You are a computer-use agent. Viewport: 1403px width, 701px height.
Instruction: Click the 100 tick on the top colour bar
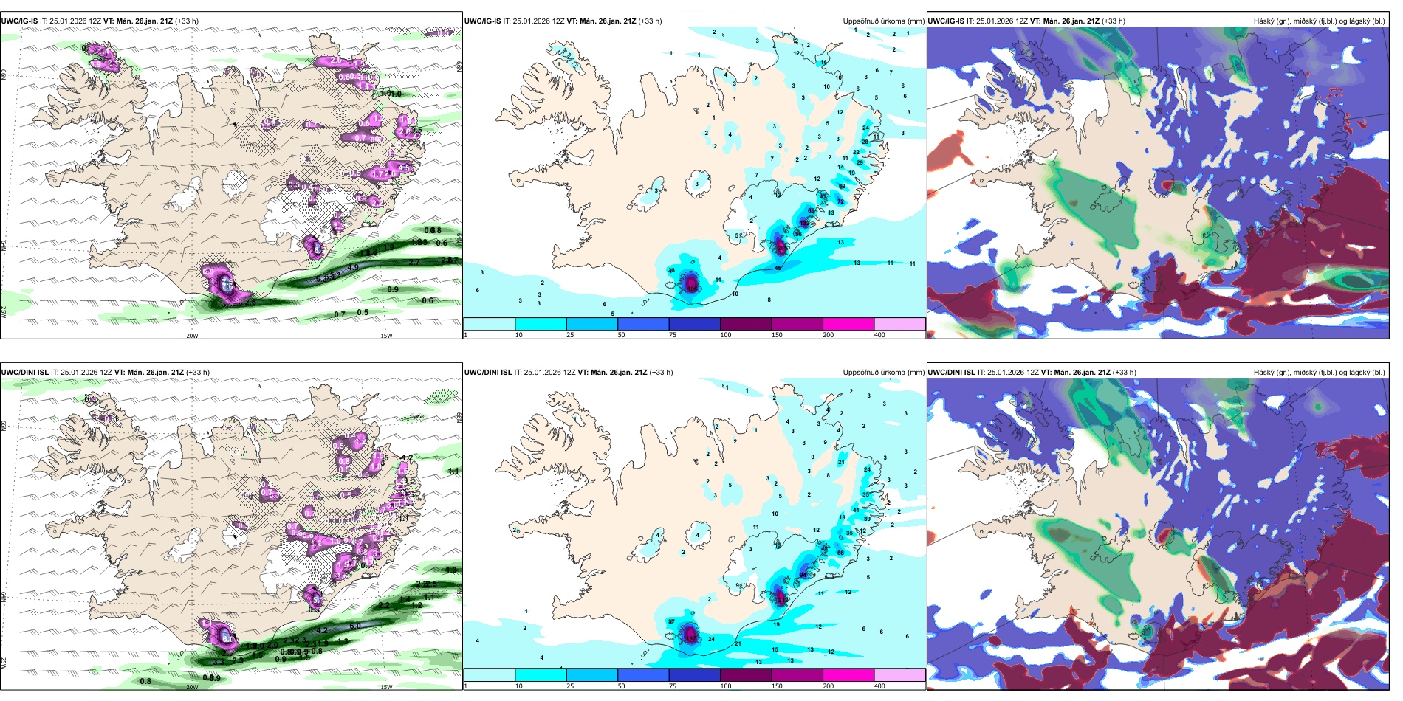tap(726, 335)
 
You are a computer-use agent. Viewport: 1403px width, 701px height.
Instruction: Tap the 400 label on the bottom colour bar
tap(879, 686)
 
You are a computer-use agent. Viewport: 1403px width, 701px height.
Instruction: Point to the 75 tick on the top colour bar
tap(673, 335)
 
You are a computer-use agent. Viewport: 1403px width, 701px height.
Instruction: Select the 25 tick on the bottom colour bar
tap(570, 686)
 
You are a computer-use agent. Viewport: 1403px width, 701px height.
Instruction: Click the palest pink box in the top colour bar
tap(899, 324)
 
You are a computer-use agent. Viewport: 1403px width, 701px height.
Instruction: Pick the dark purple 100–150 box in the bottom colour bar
tap(746, 675)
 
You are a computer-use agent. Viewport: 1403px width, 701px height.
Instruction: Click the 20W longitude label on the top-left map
tap(192, 336)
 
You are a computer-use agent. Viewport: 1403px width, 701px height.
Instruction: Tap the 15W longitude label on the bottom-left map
tap(386, 687)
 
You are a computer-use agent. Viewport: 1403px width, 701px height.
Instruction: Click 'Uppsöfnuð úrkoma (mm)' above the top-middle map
tap(883, 21)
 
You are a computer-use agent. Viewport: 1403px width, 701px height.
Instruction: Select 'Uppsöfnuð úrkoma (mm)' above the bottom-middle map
tap(883, 373)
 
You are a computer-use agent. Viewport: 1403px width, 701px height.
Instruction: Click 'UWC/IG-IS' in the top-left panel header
tap(19, 21)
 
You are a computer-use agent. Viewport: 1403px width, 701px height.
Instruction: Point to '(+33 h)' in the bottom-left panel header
tap(196, 373)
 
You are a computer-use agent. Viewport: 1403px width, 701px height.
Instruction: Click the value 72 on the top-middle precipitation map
tap(840, 201)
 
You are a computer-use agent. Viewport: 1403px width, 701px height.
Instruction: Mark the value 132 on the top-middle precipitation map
tap(805, 223)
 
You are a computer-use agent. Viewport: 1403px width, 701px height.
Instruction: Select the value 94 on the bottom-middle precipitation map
tap(803, 575)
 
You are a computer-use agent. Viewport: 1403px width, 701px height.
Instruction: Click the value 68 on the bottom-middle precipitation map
tap(840, 553)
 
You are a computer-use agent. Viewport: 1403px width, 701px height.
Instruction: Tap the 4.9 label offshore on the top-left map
tap(353, 267)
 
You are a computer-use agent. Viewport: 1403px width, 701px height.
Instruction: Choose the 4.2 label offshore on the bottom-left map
tap(322, 631)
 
